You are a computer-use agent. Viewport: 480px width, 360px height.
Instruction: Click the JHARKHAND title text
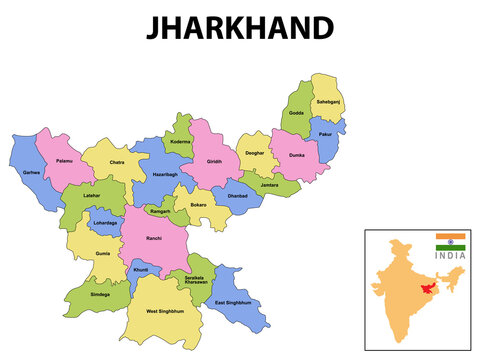point(240,28)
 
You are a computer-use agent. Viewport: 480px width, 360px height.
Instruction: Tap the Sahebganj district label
point(329,102)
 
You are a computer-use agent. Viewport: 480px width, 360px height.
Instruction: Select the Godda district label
point(297,113)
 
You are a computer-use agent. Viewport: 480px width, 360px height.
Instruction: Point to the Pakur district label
point(325,134)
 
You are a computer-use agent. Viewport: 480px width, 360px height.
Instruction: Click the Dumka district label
point(296,156)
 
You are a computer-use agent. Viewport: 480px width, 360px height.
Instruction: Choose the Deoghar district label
point(255,154)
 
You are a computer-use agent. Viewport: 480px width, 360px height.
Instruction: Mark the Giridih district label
point(214,162)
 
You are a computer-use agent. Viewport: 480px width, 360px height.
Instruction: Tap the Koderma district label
point(179,142)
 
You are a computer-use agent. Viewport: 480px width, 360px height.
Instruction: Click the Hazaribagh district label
point(165,174)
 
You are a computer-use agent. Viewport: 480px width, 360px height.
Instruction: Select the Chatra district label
point(117,163)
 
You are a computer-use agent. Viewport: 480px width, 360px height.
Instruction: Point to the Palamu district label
point(64,160)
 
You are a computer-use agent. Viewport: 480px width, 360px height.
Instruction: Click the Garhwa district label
point(31,173)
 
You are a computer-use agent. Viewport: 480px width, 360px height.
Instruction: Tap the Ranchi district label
point(153,239)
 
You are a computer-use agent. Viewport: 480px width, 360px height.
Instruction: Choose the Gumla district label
point(103,254)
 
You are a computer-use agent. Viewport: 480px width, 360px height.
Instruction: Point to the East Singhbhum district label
point(232,302)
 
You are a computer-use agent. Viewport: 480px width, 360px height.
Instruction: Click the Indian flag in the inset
point(450,242)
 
